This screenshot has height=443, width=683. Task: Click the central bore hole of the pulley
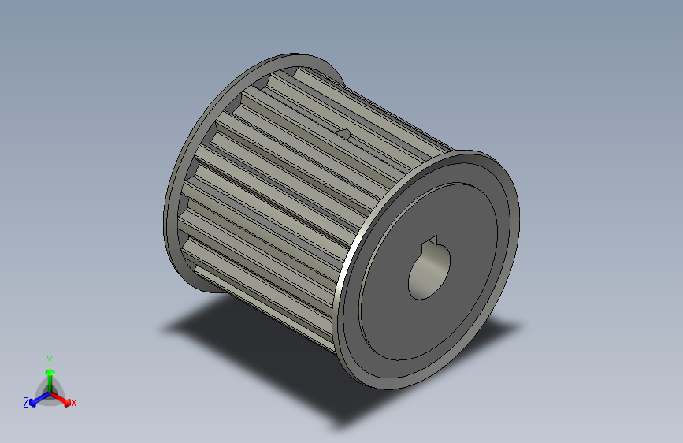pyautogui.click(x=427, y=274)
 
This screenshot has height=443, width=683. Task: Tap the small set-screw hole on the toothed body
pyautogui.click(x=343, y=133)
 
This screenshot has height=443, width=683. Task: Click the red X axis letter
pyautogui.click(x=74, y=403)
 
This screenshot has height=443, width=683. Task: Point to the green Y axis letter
pyautogui.click(x=49, y=359)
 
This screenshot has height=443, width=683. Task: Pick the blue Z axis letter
pyautogui.click(x=26, y=403)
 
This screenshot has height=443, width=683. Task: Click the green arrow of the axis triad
pyautogui.click(x=49, y=372)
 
